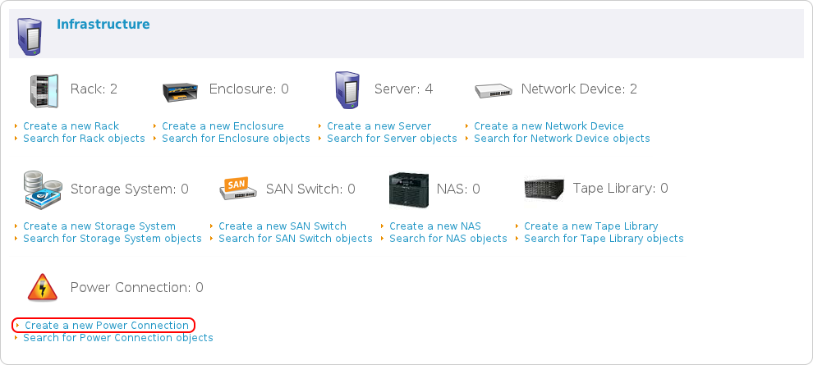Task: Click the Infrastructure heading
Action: click(103, 25)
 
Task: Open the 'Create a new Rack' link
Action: click(71, 126)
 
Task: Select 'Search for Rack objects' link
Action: click(84, 139)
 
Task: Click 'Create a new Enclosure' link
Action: click(223, 126)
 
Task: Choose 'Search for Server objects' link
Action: click(392, 139)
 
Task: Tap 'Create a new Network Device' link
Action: click(549, 126)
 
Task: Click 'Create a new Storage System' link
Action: click(99, 226)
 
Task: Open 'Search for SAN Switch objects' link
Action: click(296, 239)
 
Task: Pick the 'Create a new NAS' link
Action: click(435, 226)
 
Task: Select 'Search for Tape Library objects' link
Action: click(604, 239)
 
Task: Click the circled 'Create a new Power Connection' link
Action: click(107, 326)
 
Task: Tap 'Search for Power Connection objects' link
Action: click(118, 338)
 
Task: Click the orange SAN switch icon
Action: click(237, 189)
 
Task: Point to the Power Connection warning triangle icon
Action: click(43, 288)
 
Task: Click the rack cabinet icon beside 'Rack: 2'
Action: click(43, 89)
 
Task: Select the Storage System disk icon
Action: click(43, 189)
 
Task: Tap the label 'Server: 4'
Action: click(403, 89)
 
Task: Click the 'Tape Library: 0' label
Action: click(620, 189)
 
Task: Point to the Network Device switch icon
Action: click(493, 89)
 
